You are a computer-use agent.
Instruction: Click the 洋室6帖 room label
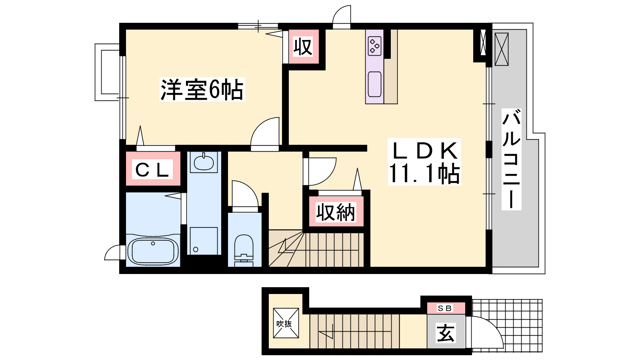202,90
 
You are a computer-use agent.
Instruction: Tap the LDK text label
424,150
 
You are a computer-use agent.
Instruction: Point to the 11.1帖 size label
424,173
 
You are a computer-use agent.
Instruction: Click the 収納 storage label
336,212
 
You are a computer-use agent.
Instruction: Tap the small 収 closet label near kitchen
303,47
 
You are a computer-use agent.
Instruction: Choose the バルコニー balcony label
512,160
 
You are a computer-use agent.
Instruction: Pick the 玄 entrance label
446,333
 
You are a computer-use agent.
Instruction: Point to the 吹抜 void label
284,324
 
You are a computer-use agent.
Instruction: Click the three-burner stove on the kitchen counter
374,46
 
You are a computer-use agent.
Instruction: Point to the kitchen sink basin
374,84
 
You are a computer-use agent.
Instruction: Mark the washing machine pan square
204,240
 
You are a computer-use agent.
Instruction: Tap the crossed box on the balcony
502,49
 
